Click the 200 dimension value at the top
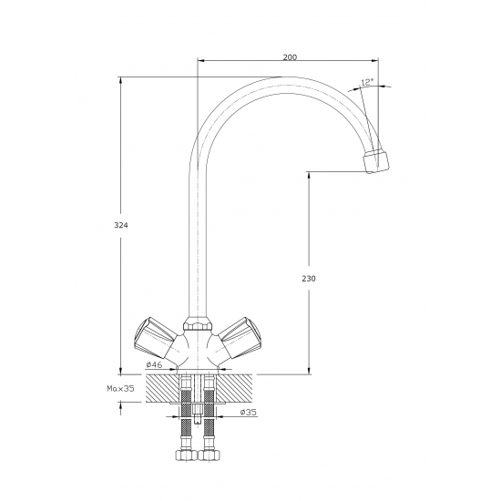290,57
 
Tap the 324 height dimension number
121,225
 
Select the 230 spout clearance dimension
309,279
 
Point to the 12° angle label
367,82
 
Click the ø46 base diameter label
154,364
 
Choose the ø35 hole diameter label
249,412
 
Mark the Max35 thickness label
120,389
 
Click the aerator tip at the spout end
376,160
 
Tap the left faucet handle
155,338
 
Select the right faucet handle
240,338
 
